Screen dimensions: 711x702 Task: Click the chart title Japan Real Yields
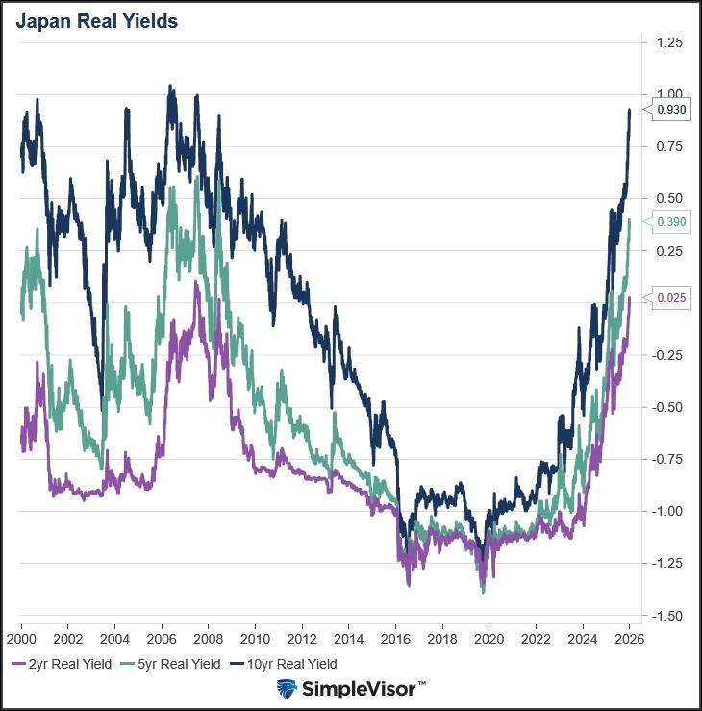pos(96,21)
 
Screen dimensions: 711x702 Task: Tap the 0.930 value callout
pos(670,111)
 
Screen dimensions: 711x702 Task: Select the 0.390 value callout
pos(670,222)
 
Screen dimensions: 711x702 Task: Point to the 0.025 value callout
pos(670,298)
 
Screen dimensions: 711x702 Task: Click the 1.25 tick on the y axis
pos(669,42)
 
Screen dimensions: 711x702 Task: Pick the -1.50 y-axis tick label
pos(667,615)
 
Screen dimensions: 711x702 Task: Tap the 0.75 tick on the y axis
pos(669,146)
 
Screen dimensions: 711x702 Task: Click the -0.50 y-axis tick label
pos(667,407)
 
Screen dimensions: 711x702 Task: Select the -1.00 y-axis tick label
pos(667,511)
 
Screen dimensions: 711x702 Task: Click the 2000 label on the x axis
pos(21,637)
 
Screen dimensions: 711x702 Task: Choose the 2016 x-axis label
pos(395,637)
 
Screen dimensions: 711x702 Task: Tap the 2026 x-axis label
pos(629,637)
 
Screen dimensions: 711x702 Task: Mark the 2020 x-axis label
pos(489,637)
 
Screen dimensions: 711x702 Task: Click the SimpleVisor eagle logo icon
pos(287,689)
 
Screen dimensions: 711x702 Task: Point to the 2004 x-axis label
pos(114,637)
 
